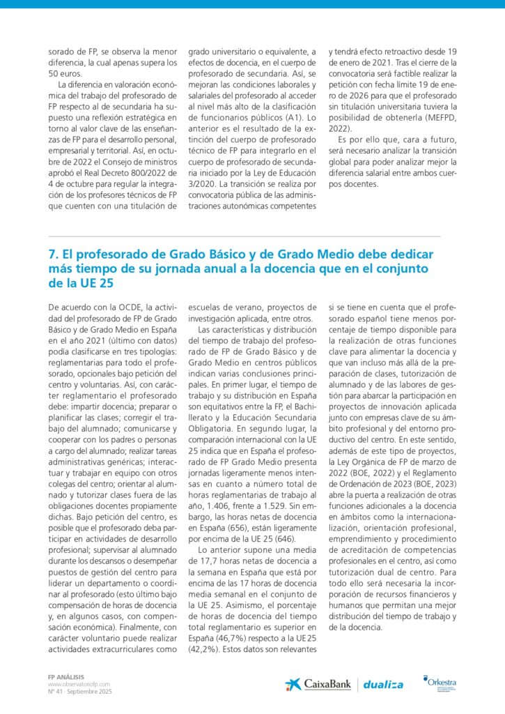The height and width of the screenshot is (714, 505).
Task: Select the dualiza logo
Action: pyautogui.click(x=384, y=685)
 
